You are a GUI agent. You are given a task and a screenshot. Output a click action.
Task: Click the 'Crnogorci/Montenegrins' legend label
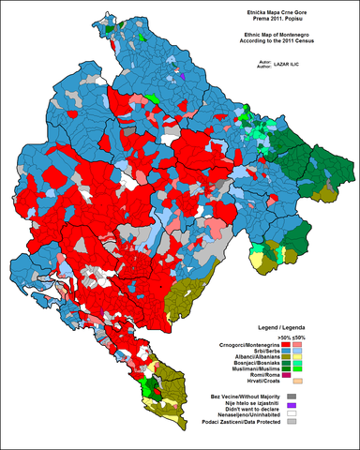(250, 345)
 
